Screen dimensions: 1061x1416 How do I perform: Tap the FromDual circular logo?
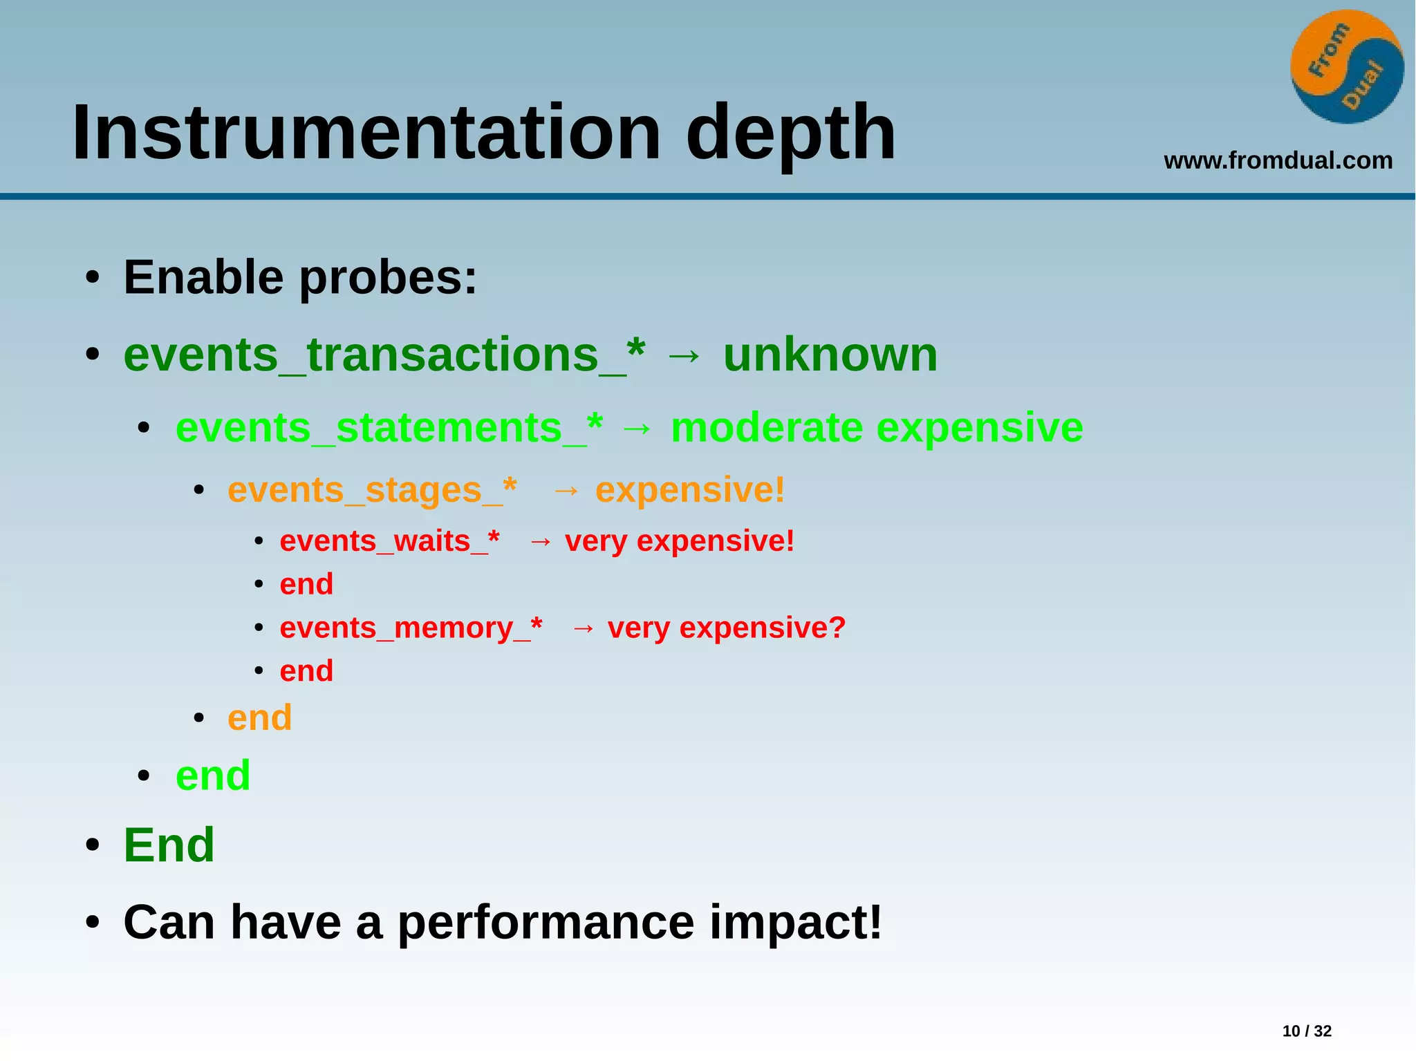(x=1346, y=67)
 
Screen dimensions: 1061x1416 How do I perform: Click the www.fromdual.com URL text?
(x=1278, y=160)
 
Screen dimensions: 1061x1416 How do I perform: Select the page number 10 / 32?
(x=1306, y=1031)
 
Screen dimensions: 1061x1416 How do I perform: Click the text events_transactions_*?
(x=384, y=355)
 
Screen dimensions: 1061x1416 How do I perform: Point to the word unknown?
(x=830, y=355)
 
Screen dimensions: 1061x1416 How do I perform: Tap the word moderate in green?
(x=766, y=428)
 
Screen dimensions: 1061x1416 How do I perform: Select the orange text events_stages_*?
(x=371, y=491)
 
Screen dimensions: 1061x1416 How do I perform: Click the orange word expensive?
(x=689, y=491)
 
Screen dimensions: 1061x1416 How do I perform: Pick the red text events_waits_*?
(x=389, y=541)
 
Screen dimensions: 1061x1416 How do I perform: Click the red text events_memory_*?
(x=411, y=628)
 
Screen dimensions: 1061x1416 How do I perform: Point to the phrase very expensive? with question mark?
(x=726, y=628)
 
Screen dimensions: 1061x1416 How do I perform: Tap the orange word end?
(x=259, y=717)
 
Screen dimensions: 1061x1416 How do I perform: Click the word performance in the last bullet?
(x=546, y=922)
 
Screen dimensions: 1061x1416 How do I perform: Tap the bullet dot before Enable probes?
(x=93, y=279)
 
